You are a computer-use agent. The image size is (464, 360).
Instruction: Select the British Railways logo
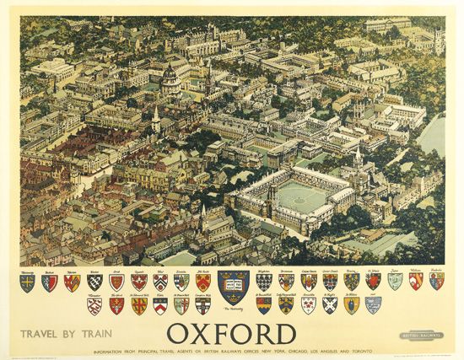[x=423, y=336]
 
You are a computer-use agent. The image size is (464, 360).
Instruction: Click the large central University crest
[x=233, y=287]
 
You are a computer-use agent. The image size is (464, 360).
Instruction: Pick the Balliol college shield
[x=50, y=282]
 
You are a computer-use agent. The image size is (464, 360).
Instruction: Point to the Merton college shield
[x=72, y=282]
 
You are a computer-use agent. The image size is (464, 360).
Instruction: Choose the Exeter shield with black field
[x=94, y=282]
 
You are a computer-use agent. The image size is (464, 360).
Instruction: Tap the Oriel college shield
[x=116, y=282]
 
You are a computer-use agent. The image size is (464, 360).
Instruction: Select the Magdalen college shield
[x=265, y=282]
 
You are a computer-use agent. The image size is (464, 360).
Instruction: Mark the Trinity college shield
[x=351, y=281]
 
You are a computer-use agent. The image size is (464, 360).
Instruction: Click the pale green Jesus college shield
[x=395, y=281]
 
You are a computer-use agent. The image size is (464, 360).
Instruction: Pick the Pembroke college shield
[x=436, y=281]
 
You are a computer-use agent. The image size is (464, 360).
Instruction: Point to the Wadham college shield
[x=415, y=281]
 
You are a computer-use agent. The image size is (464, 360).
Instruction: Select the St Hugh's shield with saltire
[x=330, y=305]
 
